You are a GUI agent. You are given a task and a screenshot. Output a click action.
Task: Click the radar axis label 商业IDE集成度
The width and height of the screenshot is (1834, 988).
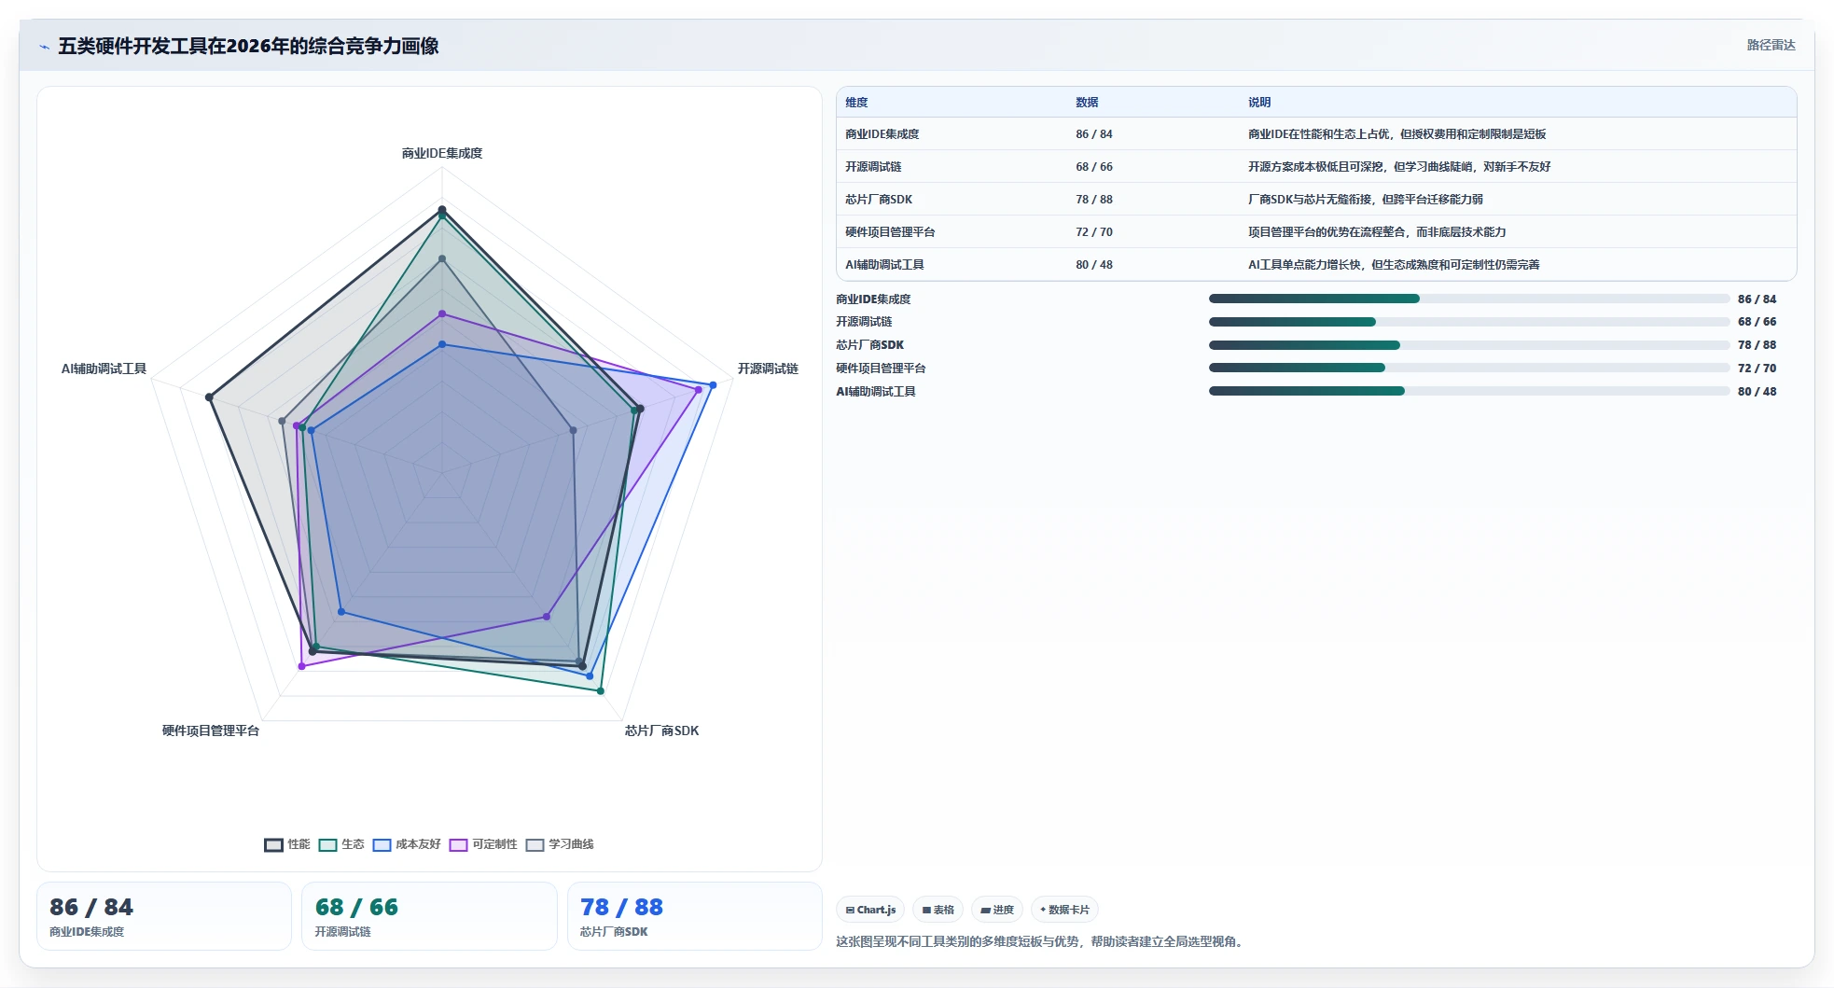pyautogui.click(x=442, y=153)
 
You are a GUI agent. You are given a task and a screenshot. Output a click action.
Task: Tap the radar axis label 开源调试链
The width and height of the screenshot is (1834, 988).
pyautogui.click(x=768, y=369)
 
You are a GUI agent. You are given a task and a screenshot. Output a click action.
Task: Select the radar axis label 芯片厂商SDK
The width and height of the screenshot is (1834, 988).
pyautogui.click(x=661, y=731)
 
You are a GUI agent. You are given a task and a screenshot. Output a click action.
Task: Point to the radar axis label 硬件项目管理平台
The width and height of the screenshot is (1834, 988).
pyautogui.click(x=211, y=731)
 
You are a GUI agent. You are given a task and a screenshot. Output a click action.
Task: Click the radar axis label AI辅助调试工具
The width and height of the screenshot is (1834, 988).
pyautogui.click(x=104, y=369)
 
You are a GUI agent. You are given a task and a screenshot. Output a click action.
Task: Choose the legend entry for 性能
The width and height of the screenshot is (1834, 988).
pyautogui.click(x=287, y=844)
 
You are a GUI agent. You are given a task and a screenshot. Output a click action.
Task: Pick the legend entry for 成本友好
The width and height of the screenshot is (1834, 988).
pyautogui.click(x=407, y=844)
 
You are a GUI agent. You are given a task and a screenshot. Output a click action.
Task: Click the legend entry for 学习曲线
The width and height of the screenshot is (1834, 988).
pyautogui.click(x=560, y=844)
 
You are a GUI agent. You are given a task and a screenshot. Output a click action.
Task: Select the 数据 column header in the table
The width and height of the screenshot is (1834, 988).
pyautogui.click(x=1087, y=103)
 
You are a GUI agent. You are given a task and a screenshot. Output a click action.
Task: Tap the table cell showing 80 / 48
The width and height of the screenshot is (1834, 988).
pyautogui.click(x=1094, y=265)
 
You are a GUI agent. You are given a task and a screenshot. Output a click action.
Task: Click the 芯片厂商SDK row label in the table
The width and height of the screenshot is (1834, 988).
pyautogui.click(x=879, y=200)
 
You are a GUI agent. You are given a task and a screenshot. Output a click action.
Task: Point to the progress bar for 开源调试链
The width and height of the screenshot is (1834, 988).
pyautogui.click(x=1469, y=322)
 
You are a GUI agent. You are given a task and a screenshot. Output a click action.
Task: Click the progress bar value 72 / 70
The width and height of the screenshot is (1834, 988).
pyautogui.click(x=1758, y=369)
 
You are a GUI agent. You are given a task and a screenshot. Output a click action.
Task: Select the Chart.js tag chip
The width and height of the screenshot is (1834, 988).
pyautogui.click(x=870, y=910)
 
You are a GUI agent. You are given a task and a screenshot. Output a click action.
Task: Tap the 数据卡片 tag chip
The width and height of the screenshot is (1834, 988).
pyautogui.click(x=1064, y=910)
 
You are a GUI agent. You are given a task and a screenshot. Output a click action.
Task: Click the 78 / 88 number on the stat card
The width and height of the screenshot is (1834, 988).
pyautogui.click(x=621, y=907)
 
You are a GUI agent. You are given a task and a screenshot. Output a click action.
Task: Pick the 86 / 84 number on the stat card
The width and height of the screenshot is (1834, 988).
pyautogui.click(x=91, y=907)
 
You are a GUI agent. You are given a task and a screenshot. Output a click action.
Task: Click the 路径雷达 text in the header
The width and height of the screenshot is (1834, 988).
pyautogui.click(x=1771, y=45)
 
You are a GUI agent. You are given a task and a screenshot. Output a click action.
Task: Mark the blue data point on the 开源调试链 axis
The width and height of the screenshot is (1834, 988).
pyautogui.click(x=713, y=385)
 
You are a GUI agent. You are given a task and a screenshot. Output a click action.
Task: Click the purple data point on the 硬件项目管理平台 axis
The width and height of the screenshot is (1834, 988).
pyautogui.click(x=301, y=666)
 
